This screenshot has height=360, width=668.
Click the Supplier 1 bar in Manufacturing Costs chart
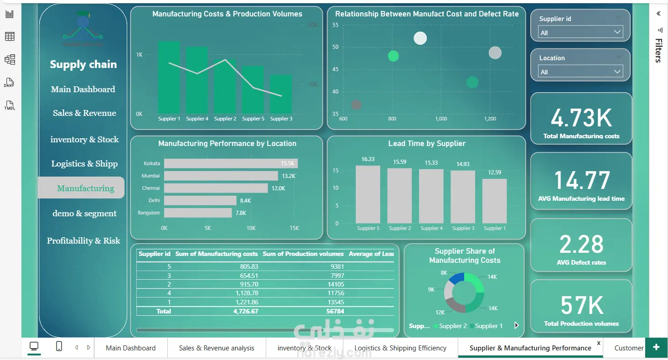pyautogui.click(x=169, y=78)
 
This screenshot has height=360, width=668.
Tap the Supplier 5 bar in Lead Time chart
pyautogui.click(x=368, y=194)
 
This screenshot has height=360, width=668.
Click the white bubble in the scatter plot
pyautogui.click(x=420, y=38)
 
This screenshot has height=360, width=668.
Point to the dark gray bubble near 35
pyautogui.click(x=357, y=105)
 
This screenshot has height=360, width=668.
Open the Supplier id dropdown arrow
pyautogui.click(x=617, y=32)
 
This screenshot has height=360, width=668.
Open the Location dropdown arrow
pyautogui.click(x=617, y=72)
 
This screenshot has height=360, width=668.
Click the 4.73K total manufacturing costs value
pyautogui.click(x=581, y=118)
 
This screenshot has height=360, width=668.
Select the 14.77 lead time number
pyautogui.click(x=581, y=180)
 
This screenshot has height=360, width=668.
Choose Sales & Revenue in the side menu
pyautogui.click(x=84, y=113)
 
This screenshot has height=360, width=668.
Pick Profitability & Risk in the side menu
pyautogui.click(x=83, y=241)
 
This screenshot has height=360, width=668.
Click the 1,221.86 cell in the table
pyautogui.click(x=247, y=302)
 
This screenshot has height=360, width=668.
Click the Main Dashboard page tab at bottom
pyautogui.click(x=130, y=348)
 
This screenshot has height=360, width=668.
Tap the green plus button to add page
pyautogui.click(x=656, y=347)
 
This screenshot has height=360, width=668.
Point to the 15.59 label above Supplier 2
pyautogui.click(x=399, y=162)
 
